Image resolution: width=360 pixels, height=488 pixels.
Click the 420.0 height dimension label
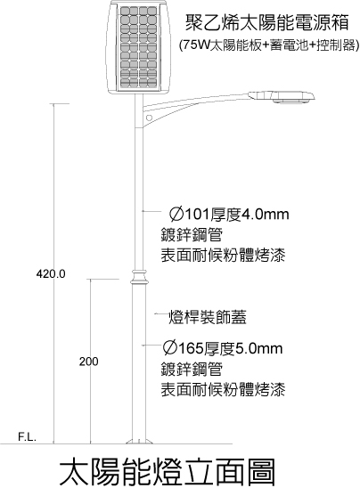(51, 274)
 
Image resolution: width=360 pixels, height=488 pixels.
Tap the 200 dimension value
(88, 362)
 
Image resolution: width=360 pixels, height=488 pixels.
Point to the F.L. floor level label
(28, 437)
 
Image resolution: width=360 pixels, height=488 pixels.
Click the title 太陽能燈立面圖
(168, 472)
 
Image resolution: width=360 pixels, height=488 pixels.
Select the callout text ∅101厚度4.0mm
(229, 215)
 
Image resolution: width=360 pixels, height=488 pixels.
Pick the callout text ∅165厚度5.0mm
(223, 348)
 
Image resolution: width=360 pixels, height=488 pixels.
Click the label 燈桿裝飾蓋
(208, 317)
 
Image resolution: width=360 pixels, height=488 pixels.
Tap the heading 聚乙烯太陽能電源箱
(267, 23)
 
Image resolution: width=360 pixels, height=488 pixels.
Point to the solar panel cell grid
(139, 47)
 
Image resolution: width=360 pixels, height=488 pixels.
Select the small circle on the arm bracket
(149, 118)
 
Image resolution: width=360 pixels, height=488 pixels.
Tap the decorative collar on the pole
(139, 277)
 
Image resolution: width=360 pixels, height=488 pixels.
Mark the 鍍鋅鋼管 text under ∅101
(192, 235)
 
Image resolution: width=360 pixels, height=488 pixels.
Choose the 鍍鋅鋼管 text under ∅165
(192, 369)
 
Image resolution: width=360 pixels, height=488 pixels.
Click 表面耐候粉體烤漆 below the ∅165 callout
(223, 389)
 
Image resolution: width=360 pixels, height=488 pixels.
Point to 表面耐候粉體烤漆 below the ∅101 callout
(223, 256)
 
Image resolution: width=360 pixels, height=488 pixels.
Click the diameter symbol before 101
(176, 215)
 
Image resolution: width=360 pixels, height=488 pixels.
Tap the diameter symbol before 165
(169, 348)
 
